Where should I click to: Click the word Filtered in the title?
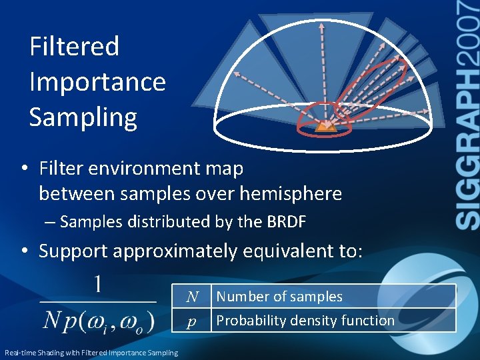(74, 47)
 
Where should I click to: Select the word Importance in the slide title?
(97, 82)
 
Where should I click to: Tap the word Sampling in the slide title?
(83, 117)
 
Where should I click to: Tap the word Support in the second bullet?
(73, 251)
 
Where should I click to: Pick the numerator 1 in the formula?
(97, 285)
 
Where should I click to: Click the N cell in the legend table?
(192, 297)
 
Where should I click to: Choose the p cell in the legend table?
(192, 321)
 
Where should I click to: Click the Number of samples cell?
(279, 297)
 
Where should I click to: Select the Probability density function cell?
(305, 321)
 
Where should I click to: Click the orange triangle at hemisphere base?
(323, 126)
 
